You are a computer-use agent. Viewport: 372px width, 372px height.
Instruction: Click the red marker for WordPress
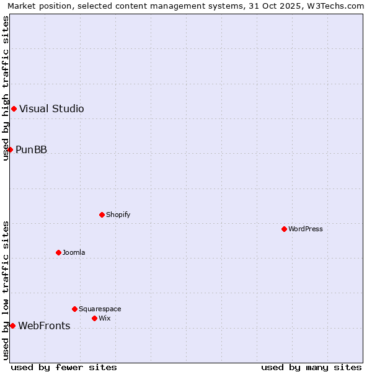tap(284, 229)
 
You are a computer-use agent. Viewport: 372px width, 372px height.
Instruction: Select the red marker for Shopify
tap(102, 215)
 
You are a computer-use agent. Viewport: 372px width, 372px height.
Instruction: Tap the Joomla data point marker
tap(58, 252)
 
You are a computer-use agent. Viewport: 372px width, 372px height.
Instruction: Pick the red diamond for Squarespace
tap(74, 309)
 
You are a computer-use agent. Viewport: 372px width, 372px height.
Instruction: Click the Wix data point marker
tap(94, 318)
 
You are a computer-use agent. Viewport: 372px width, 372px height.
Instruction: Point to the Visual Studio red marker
tap(14, 108)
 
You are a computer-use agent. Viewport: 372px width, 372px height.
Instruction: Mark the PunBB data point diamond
tap(10, 149)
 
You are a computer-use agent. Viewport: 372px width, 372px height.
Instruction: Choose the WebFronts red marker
tap(12, 325)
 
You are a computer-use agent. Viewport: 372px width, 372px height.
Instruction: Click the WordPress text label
tap(306, 229)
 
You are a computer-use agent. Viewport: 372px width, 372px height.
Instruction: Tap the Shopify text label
tap(118, 215)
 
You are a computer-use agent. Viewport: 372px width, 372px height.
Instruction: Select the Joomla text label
tap(74, 252)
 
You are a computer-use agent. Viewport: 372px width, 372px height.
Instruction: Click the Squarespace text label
tap(100, 309)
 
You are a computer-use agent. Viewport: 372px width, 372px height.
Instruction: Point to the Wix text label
tap(105, 318)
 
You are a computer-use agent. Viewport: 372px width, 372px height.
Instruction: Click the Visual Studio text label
tap(51, 108)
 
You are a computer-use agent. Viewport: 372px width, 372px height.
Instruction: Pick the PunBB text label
tap(32, 149)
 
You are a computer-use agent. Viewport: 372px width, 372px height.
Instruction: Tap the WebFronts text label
tap(44, 325)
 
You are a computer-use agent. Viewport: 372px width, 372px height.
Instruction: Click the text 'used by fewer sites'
tap(64, 367)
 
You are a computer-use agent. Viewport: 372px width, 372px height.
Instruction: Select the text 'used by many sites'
tap(311, 367)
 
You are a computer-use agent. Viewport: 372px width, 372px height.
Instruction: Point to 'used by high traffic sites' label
tap(6, 88)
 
